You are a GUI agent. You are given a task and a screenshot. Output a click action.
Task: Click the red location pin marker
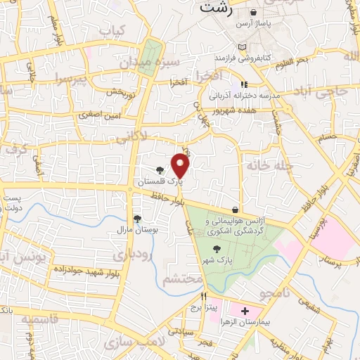point(181,166)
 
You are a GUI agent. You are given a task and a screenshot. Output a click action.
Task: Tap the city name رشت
point(214,8)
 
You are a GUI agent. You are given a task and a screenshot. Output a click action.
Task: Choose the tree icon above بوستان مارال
point(137,219)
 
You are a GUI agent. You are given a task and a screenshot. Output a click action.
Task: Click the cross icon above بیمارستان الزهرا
point(245,310)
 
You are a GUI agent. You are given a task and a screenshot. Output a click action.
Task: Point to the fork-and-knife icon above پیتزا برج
point(205,296)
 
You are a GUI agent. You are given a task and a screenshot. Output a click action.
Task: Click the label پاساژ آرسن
point(271,23)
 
